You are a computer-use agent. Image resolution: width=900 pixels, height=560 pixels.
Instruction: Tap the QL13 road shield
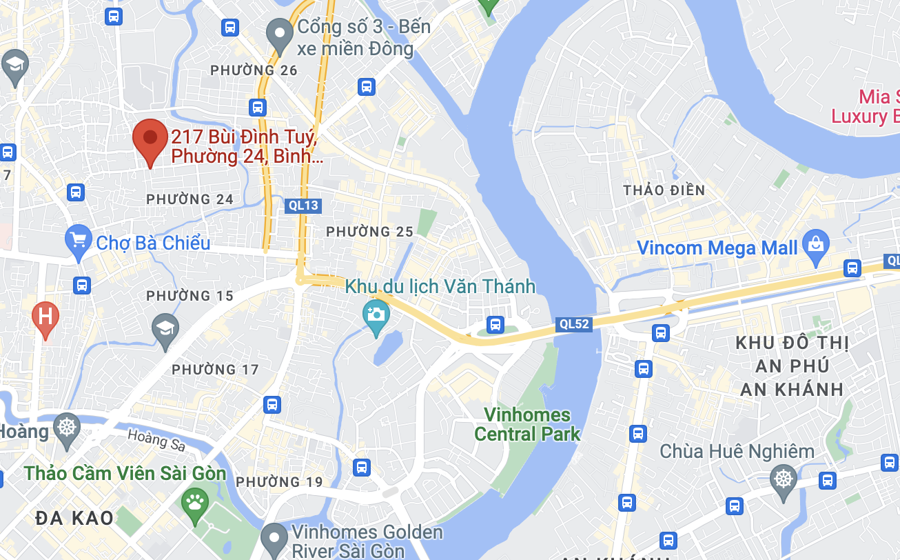[303, 205]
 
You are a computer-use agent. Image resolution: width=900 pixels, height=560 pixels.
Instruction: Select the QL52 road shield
[573, 324]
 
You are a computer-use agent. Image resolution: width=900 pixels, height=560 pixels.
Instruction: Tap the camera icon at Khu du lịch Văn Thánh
[376, 316]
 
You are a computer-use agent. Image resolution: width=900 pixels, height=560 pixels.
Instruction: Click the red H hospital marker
[45, 318]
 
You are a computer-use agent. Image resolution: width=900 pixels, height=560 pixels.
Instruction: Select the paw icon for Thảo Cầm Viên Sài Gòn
[194, 503]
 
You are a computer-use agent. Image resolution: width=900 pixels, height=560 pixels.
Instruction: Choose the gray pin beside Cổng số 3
[280, 34]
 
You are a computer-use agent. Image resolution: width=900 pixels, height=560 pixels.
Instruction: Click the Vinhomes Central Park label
[527, 424]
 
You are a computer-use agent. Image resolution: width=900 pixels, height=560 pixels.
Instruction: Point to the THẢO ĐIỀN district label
[664, 190]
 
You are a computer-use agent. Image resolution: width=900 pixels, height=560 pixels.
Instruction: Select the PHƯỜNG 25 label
[369, 232]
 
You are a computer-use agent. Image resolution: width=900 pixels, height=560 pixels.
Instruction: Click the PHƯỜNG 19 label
[279, 481]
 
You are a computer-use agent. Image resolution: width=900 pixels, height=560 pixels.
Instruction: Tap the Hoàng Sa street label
[156, 439]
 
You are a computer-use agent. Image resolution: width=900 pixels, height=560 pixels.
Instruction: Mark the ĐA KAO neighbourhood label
[74, 518]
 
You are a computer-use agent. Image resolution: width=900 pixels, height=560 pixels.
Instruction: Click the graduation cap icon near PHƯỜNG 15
[165, 329]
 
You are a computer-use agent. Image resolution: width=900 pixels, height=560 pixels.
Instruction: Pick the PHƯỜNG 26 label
[254, 70]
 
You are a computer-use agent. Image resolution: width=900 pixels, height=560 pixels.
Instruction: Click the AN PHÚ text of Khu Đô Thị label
[792, 366]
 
